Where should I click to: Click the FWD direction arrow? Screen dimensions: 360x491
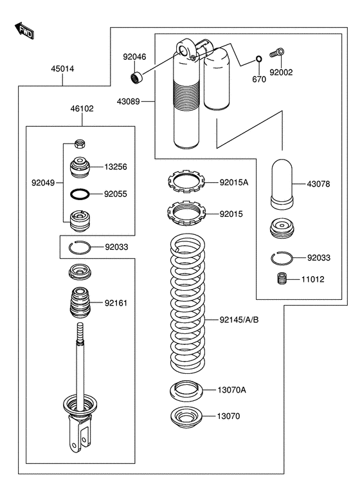(24, 30)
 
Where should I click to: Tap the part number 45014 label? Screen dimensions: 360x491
(62, 69)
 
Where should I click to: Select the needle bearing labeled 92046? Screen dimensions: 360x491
(136, 77)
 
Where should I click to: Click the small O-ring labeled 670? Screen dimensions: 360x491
(259, 59)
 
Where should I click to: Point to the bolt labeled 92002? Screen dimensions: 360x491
(277, 53)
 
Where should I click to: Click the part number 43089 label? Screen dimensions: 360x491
(128, 102)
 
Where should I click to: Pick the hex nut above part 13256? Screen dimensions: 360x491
(80, 144)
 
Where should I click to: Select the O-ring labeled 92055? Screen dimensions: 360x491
(80, 194)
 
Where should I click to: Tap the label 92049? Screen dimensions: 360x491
(43, 183)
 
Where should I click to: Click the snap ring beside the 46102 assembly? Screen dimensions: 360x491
(80, 247)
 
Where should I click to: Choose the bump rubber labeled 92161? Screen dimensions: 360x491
(80, 303)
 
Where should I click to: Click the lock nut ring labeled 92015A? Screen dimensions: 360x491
(186, 182)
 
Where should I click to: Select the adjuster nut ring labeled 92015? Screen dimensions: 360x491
(186, 213)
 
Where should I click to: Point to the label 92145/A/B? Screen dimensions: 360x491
(239, 320)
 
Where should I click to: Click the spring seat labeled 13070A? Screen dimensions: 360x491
(186, 391)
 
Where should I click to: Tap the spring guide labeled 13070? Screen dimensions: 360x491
(186, 417)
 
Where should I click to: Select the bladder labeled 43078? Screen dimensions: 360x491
(282, 184)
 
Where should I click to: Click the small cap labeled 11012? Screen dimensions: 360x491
(282, 279)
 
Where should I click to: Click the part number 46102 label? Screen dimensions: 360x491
(82, 109)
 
